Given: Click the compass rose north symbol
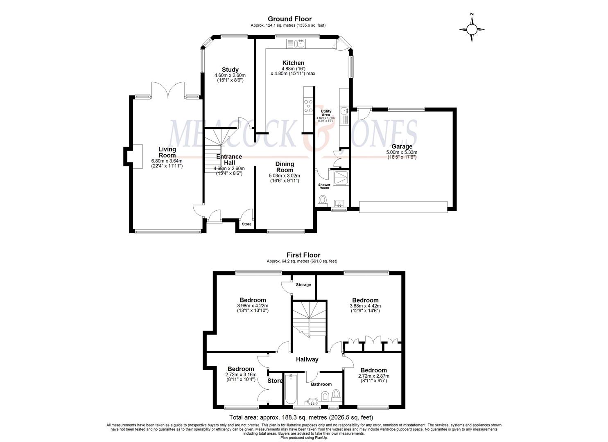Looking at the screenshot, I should pos(472,28).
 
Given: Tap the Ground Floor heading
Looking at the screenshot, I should pos(289,19).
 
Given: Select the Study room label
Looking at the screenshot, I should pos(230,70).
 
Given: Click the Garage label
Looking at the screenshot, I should pos(402,147).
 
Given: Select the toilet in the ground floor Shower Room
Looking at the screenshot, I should pos(323,201).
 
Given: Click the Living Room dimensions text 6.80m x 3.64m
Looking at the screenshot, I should pos(167,161).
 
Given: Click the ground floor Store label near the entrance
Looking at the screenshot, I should pos(246,224).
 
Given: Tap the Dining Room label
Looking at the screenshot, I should pos(285,167).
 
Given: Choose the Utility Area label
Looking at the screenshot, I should pos(326,113).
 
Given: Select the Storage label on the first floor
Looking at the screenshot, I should pos(303,285).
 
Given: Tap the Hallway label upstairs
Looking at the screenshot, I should pos(307,359).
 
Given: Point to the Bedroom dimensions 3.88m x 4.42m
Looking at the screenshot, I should pos(366,306).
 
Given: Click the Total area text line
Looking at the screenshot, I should pos(301,418).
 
